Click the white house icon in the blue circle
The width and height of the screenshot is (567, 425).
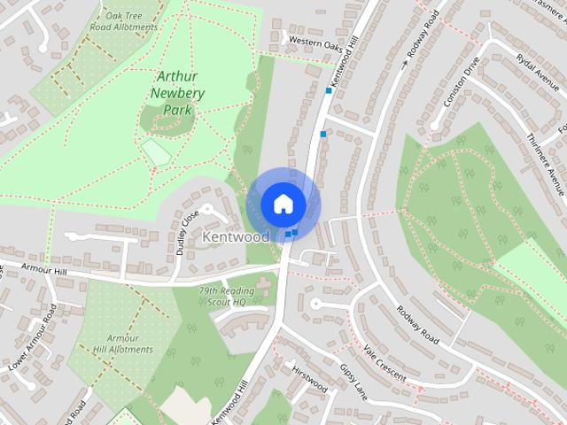tap(283, 204)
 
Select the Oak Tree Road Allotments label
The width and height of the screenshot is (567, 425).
tap(131, 21)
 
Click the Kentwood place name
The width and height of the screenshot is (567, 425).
tap(236, 237)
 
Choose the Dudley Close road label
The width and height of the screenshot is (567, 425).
tap(187, 233)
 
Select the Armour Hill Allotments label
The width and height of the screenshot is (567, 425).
tap(123, 344)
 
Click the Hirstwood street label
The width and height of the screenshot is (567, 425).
tap(309, 378)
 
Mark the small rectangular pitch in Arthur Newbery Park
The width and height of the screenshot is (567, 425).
tap(157, 152)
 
